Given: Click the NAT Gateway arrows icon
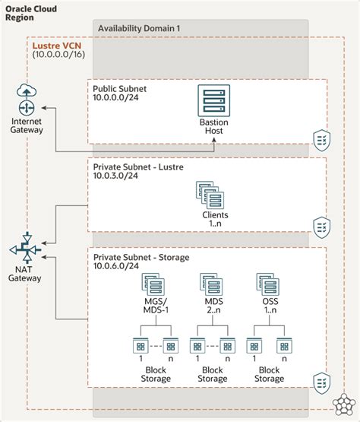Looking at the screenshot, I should coord(26,249).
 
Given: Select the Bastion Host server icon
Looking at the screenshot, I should coord(212,100).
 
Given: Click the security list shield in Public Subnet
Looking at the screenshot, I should coord(321,138).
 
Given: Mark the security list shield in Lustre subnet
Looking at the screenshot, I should coord(321,226).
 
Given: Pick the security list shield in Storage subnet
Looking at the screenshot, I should coord(321,380).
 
